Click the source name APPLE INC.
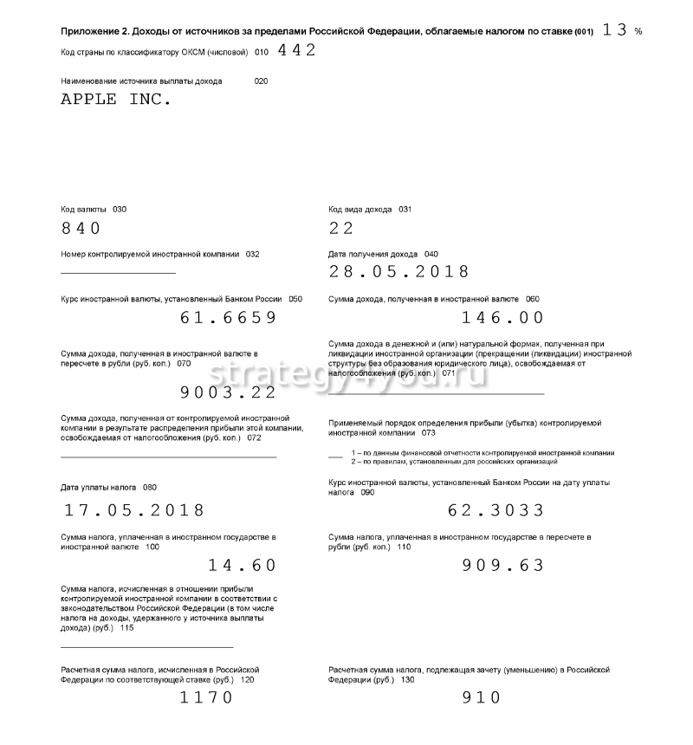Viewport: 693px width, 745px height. click(x=116, y=99)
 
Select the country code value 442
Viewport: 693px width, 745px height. click(x=297, y=50)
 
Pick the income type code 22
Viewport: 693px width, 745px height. click(x=342, y=229)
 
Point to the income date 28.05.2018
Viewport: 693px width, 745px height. click(x=399, y=272)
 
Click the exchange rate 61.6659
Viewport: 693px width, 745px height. click(x=229, y=318)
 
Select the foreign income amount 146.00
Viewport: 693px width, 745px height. click(x=503, y=318)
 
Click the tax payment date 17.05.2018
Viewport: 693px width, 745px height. click(x=133, y=510)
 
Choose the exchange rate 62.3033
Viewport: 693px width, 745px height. click(x=496, y=510)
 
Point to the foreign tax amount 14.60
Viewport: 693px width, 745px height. click(x=243, y=566)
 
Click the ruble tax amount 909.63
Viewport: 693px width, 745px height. click(x=502, y=566)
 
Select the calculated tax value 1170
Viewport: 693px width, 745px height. click(x=206, y=697)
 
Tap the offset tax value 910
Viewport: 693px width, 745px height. click(x=482, y=697)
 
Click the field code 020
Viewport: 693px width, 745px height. click(x=261, y=81)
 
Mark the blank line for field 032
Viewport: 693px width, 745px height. click(x=118, y=273)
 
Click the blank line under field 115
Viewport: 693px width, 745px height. click(x=146, y=647)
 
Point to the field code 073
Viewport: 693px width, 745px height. click(x=428, y=432)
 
